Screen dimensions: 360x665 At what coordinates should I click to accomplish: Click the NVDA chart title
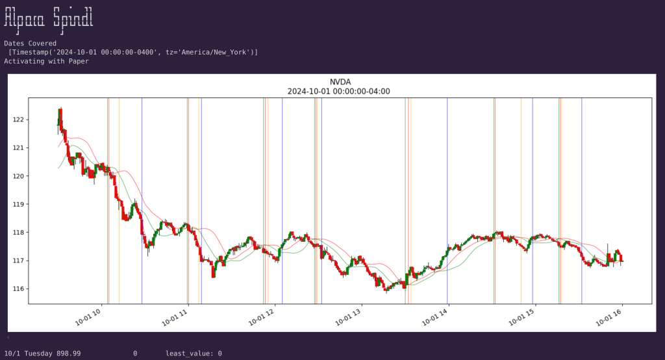[338, 82]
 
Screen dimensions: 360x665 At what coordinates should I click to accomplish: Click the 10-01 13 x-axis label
[349, 317]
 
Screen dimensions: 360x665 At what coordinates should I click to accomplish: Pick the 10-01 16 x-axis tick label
[610, 317]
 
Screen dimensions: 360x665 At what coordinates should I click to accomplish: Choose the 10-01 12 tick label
[262, 317]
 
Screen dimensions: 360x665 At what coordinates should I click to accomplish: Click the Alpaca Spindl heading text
[49, 18]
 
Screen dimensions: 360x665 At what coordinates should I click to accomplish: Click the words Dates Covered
[30, 44]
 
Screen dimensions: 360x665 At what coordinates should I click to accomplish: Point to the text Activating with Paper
[46, 61]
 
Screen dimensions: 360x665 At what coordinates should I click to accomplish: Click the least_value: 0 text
[194, 354]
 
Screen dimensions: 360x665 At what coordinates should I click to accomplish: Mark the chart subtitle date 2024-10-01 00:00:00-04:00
[338, 92]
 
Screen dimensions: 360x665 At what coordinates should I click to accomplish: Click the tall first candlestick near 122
[60, 120]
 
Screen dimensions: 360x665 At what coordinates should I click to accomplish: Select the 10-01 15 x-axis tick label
[523, 317]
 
